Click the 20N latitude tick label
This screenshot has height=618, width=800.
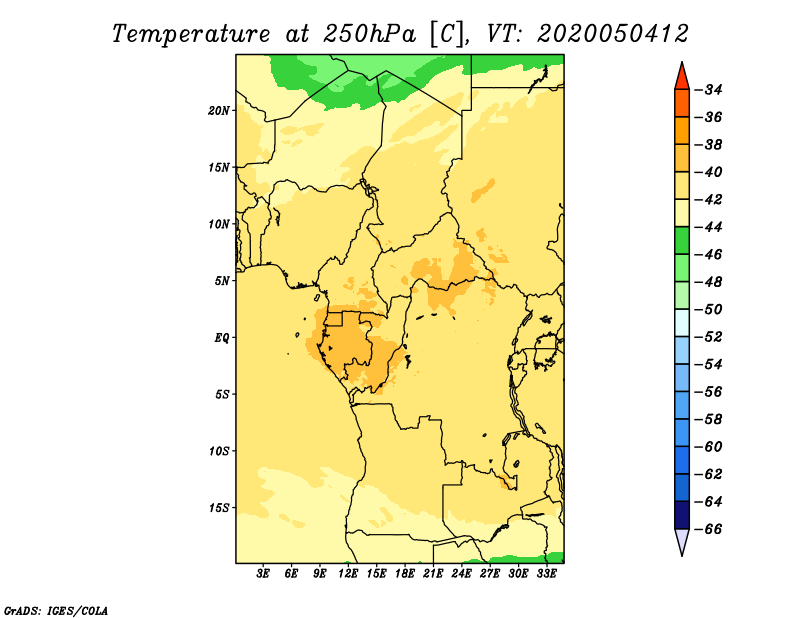[x=218, y=111]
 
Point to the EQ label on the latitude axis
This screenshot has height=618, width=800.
[x=221, y=338]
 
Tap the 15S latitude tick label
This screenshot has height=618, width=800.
[x=219, y=508]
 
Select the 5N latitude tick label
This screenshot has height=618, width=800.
[x=222, y=281]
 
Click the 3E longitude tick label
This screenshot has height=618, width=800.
[x=263, y=574]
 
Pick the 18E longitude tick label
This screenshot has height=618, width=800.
[x=405, y=574]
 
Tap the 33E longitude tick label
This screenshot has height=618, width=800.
[x=546, y=574]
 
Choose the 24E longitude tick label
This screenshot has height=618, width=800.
[x=461, y=574]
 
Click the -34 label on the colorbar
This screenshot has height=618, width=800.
[x=709, y=90]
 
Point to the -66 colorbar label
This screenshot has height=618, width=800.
[x=709, y=529]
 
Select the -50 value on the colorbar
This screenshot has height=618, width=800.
[x=709, y=309]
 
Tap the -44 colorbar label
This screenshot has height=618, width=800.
[x=709, y=227]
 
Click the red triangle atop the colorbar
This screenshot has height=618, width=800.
[x=682, y=78]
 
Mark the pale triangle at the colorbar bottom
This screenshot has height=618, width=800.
[x=682, y=540]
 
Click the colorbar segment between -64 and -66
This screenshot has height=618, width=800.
[x=682, y=515]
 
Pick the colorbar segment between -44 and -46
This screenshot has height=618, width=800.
[x=682, y=241]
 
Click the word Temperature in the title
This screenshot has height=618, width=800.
[x=191, y=34]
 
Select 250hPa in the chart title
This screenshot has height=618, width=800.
[x=369, y=34]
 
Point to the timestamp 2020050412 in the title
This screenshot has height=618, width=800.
[x=613, y=34]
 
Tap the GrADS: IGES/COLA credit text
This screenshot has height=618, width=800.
[x=56, y=610]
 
